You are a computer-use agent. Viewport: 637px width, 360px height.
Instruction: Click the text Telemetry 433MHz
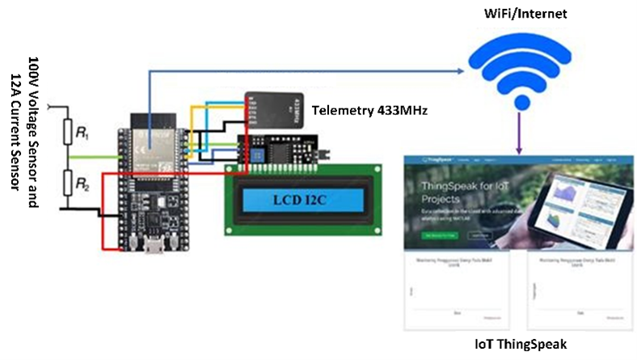pos(369,110)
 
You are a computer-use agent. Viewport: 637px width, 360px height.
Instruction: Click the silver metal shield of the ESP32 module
pos(148,138)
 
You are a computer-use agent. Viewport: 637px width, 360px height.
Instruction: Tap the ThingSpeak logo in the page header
pos(426,162)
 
